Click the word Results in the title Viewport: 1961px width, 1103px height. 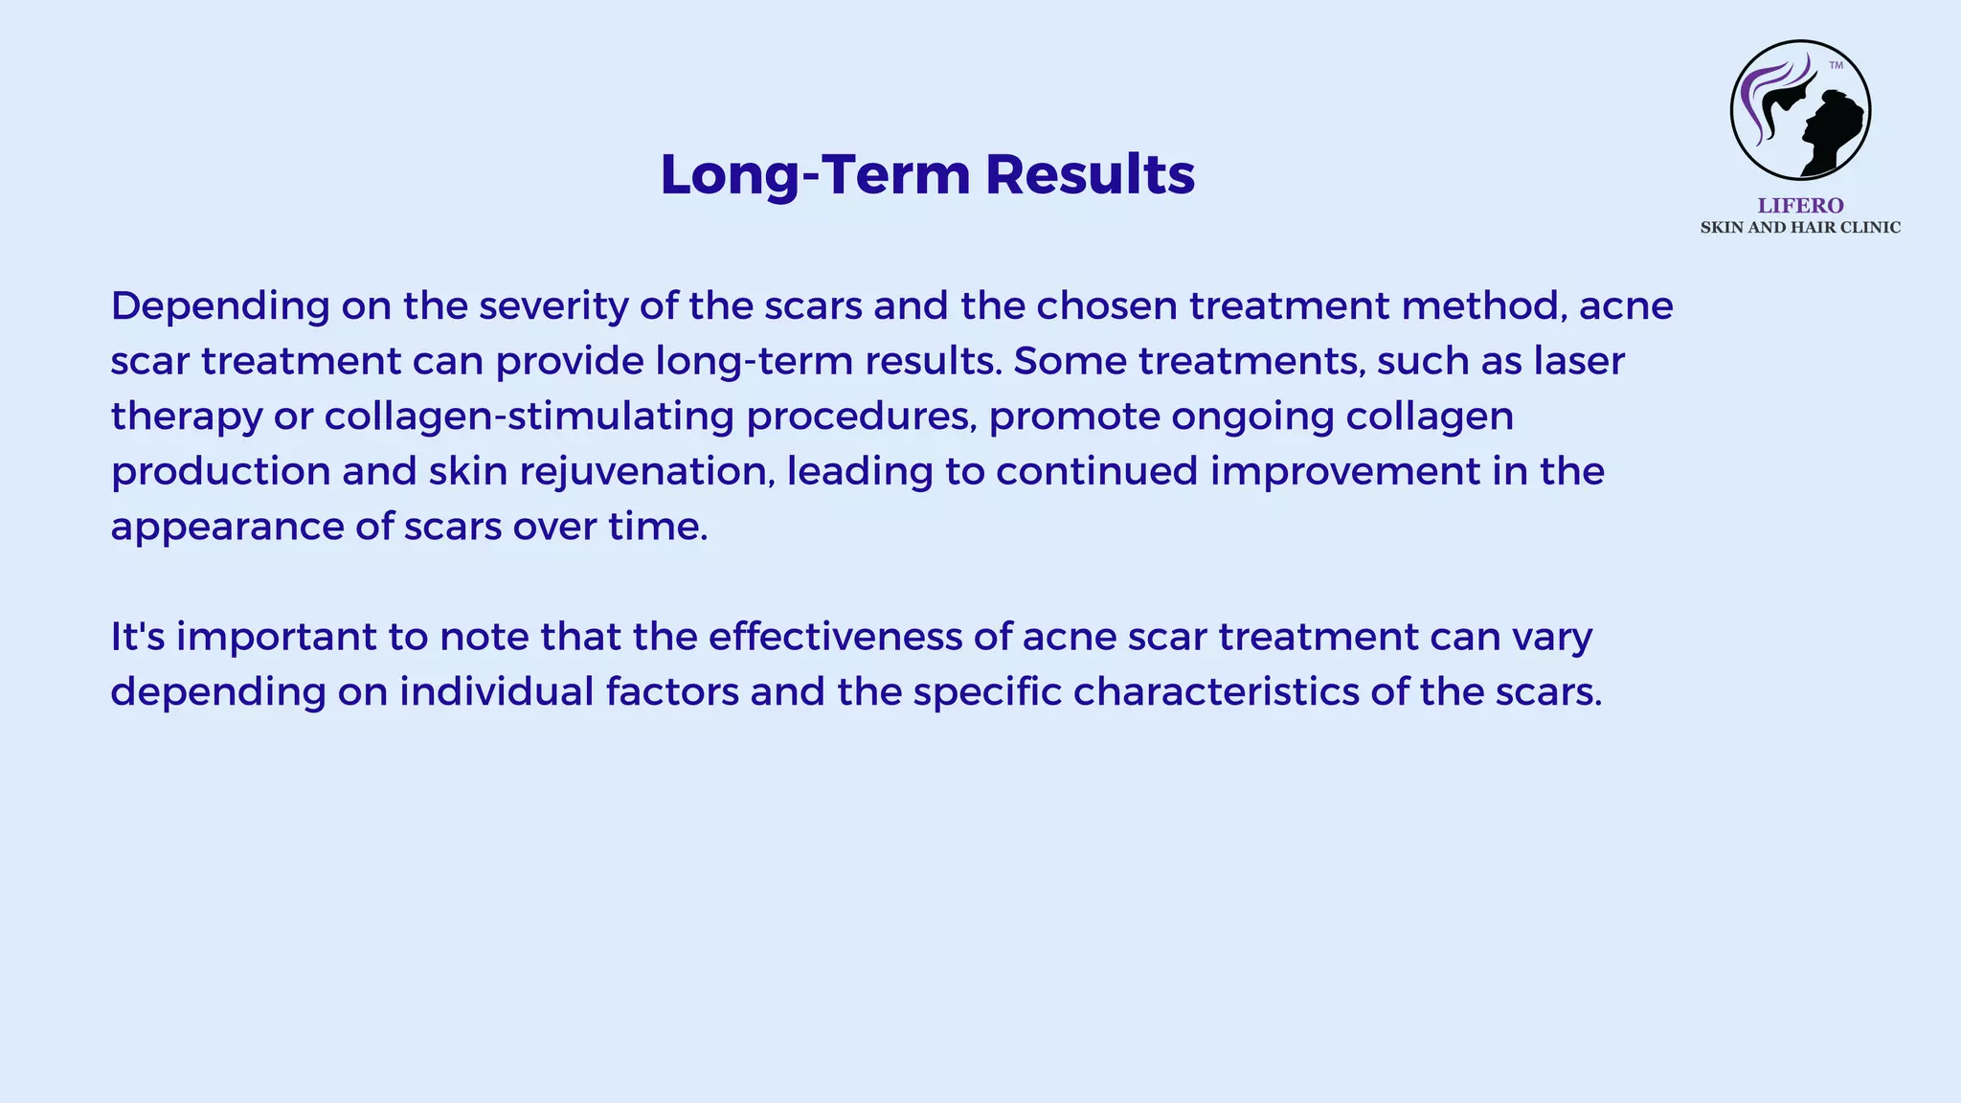tap(1090, 175)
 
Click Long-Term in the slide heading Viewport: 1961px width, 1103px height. tap(816, 175)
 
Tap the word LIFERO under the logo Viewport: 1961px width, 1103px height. tap(1800, 206)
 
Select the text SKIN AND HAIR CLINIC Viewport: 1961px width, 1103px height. tap(1800, 228)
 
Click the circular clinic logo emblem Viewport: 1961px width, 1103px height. tap(1800, 110)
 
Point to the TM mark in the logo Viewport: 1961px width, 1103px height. tap(1836, 66)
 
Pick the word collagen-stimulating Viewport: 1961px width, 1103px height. tap(530, 416)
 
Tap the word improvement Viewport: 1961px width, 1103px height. tap(1345, 472)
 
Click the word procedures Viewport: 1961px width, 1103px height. tap(861, 416)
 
